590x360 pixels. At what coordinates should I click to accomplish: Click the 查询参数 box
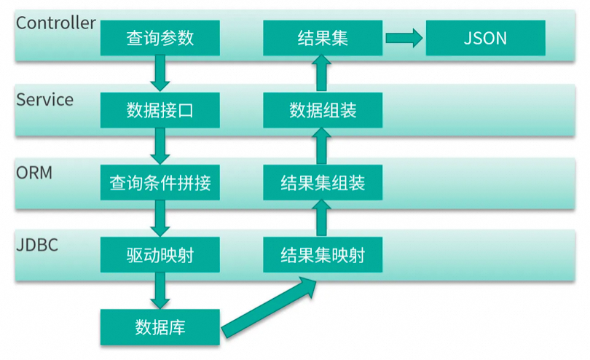point(160,37)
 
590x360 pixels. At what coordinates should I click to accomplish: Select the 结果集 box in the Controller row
point(323,37)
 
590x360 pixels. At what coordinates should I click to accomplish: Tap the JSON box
point(485,37)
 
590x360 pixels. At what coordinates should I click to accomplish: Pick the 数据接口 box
point(160,110)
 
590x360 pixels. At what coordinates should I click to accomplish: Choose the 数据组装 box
point(323,110)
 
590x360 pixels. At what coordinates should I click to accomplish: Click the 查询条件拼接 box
point(160,182)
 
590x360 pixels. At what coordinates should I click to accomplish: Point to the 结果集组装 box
point(323,182)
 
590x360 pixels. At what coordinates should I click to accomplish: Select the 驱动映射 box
point(160,255)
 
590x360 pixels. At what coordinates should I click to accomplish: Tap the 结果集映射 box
point(323,255)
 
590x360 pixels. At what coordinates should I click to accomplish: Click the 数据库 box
point(160,327)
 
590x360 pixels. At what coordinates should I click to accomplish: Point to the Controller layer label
point(55,23)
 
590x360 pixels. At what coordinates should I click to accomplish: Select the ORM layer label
point(35,173)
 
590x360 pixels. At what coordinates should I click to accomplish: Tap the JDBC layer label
point(36,245)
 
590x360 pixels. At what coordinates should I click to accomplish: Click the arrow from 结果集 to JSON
point(404,37)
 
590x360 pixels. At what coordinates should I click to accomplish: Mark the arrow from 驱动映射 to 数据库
point(160,291)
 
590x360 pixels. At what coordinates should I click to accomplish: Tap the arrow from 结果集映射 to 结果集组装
point(323,219)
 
